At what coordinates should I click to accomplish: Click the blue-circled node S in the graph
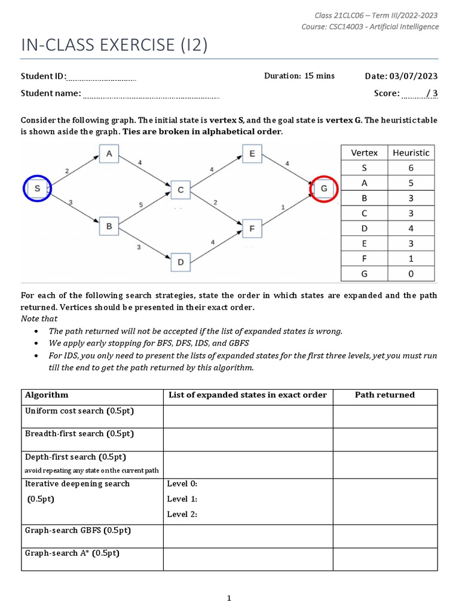tap(37, 189)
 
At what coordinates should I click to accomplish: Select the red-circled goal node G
tap(324, 189)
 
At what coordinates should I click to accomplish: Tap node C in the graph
tap(180, 191)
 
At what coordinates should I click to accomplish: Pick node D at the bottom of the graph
tap(180, 262)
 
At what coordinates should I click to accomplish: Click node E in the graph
tap(252, 154)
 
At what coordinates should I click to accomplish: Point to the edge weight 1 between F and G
tap(282, 207)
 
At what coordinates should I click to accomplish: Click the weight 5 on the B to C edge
tap(141, 204)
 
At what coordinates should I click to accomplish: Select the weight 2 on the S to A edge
tap(66, 171)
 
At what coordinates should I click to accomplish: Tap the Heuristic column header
tap(411, 153)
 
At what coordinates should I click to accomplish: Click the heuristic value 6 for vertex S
tap(411, 168)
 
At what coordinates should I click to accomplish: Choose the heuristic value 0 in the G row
tap(411, 274)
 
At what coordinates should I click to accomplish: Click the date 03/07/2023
tap(413, 76)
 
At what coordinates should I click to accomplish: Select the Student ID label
tap(44, 76)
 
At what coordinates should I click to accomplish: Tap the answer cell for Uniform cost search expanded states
tap(247, 416)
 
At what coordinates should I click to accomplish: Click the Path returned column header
tap(385, 395)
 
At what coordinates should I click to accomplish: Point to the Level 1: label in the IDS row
tap(182, 499)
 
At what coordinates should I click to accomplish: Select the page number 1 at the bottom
tap(229, 598)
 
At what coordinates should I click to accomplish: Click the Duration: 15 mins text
tap(299, 76)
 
